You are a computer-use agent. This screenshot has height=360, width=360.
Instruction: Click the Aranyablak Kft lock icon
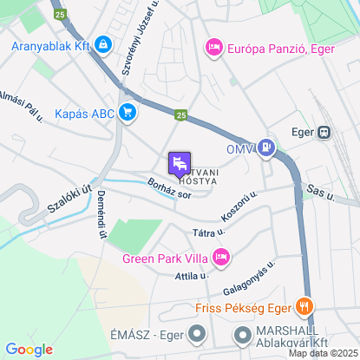pyautogui.click(x=103, y=43)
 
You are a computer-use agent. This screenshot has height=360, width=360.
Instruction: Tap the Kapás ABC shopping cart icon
pyautogui.click(x=128, y=111)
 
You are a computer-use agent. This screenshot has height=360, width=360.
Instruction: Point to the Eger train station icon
pyautogui.click(x=324, y=133)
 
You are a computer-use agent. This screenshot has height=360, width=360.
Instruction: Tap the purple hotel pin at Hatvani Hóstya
pyautogui.click(x=179, y=162)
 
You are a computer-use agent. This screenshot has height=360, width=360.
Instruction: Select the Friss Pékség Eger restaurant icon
pyautogui.click(x=303, y=305)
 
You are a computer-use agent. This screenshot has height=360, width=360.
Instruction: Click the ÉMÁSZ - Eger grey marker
pyautogui.click(x=198, y=333)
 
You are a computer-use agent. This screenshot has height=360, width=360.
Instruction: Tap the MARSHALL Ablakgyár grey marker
pyautogui.click(x=241, y=333)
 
